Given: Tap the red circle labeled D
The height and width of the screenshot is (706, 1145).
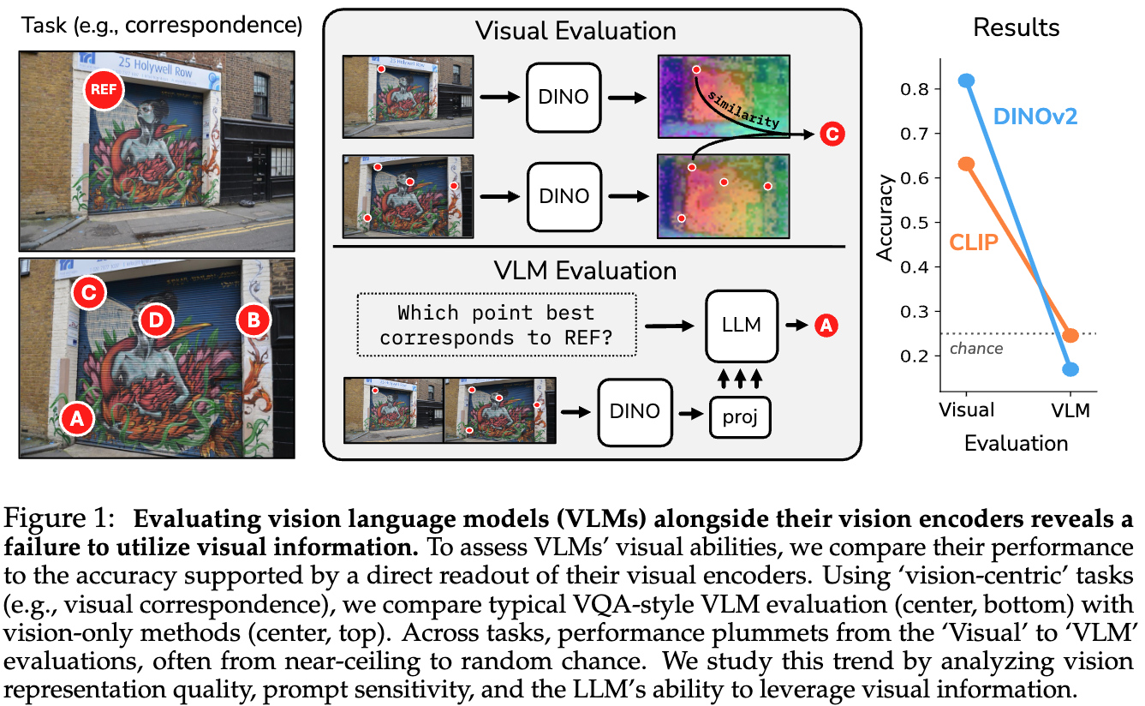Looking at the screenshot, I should pyautogui.click(x=155, y=320).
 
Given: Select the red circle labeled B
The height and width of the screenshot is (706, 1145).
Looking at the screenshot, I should pyautogui.click(x=254, y=320).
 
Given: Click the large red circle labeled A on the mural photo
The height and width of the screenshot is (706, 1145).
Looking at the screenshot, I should pyautogui.click(x=76, y=420).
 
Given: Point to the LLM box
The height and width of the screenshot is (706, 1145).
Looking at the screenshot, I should pyautogui.click(x=742, y=325).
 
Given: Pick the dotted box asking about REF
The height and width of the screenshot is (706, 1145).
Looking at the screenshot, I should pyautogui.click(x=497, y=325).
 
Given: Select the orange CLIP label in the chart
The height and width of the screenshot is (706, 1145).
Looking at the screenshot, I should pyautogui.click(x=974, y=242).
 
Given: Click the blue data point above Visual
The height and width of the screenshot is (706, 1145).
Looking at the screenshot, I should pyautogui.click(x=967, y=81).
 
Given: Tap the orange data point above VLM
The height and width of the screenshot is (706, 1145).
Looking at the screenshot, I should pyautogui.click(x=1070, y=335).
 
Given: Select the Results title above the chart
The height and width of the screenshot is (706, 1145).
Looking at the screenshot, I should pyautogui.click(x=1016, y=27).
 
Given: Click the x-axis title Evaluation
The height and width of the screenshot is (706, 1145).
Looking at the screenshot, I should pyautogui.click(x=1016, y=443).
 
